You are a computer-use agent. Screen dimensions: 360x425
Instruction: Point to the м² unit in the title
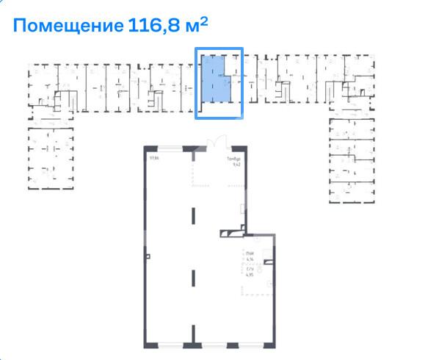coord(195,26)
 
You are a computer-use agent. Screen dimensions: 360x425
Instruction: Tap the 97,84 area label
coord(153,156)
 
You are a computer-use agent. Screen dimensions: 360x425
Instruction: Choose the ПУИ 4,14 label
coord(250,256)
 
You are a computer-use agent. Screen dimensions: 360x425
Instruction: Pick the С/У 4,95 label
coord(250,275)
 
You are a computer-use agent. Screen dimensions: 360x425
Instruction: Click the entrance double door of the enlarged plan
coord(214,143)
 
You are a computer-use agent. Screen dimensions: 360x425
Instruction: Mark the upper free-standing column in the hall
coord(194,217)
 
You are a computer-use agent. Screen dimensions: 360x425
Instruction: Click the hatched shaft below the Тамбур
coord(231,234)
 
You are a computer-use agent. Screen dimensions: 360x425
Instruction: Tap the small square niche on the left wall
coord(147,256)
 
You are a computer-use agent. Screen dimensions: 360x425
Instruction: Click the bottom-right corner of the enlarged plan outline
coord(274,344)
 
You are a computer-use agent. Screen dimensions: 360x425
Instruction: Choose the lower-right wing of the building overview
coord(349,158)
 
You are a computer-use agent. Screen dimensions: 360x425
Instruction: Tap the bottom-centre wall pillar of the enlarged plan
coord(194,342)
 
